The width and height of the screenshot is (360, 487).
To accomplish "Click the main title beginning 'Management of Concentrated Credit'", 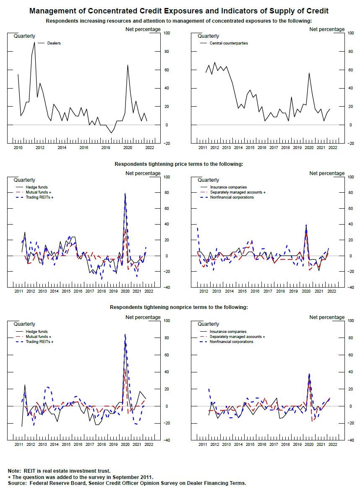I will point(179,11).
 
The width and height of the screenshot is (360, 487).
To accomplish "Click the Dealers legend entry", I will point(54,43).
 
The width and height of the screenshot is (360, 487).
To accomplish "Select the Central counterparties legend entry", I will point(229,43).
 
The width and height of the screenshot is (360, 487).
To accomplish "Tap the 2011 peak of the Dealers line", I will point(34,42).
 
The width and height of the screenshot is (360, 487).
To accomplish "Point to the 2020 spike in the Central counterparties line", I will point(309,73).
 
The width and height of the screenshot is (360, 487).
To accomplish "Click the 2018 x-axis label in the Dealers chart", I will point(106,148).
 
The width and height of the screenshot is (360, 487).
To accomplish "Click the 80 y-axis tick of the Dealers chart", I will point(167,51).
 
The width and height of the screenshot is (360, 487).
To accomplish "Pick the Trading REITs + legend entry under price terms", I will point(39,197).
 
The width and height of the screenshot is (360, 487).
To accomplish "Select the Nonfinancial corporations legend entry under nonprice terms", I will point(232,342).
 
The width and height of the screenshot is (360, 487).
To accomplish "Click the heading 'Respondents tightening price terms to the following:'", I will point(179,164).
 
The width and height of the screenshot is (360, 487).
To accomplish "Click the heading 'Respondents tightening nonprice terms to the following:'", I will point(179,307).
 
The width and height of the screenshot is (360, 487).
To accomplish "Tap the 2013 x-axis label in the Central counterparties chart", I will point(226,148).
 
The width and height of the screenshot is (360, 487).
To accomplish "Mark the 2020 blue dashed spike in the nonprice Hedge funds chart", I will point(125,335).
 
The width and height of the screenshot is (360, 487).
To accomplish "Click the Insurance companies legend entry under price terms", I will point(228,187).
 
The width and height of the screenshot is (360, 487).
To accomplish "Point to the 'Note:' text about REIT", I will point(15,471).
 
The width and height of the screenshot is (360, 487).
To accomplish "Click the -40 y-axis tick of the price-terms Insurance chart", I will point(350,288).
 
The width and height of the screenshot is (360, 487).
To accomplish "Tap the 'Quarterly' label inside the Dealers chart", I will point(25,36).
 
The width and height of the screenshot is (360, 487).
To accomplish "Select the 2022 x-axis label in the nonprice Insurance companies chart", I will point(332,444).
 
